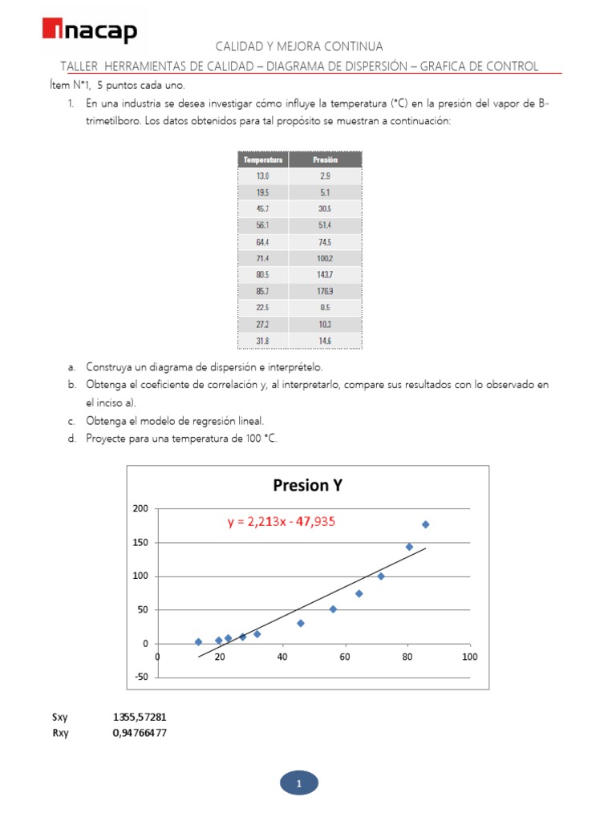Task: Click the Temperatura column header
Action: [x=262, y=160]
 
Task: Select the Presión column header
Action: [x=325, y=160]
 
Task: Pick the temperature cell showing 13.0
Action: [x=262, y=175]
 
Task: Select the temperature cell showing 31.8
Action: [x=262, y=342]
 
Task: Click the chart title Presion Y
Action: [x=307, y=485]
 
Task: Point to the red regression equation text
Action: [x=281, y=522]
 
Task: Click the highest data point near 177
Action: [x=425, y=524]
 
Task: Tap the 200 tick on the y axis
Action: [x=141, y=509]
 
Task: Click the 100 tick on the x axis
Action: [x=469, y=657]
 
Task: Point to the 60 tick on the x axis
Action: [x=344, y=657]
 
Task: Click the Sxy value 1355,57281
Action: [x=140, y=718]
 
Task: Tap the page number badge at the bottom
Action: [x=298, y=783]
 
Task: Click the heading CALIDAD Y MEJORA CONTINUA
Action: [x=299, y=47]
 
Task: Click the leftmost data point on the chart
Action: [x=198, y=641]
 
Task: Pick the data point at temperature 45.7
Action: [x=301, y=623]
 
